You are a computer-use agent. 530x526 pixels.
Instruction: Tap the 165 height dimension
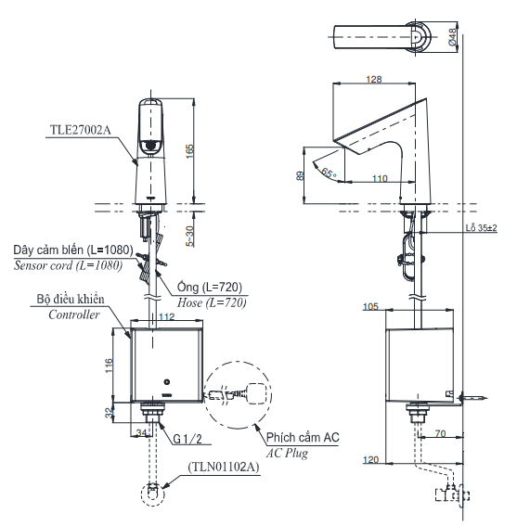coord(190,150)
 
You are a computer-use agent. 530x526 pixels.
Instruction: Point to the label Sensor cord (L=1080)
coord(68,264)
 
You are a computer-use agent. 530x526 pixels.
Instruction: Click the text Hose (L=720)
coord(212,302)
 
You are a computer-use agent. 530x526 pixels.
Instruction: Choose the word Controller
coord(74,314)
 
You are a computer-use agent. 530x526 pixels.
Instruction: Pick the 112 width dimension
coord(166,317)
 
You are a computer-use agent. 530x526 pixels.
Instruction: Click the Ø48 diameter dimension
coord(451,36)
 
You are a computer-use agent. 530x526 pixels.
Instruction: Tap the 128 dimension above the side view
coord(374,80)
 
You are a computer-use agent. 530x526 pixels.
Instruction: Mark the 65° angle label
coord(328,172)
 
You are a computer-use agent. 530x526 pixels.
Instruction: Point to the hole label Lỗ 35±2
coord(481,227)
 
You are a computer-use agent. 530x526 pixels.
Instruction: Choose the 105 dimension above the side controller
coord(370,306)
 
